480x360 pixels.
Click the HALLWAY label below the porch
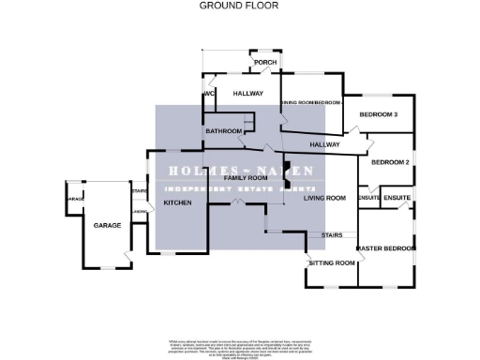[247, 94]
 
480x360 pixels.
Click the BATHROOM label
[225, 131]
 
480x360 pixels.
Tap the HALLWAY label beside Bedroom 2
[324, 144]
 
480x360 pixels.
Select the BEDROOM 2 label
[391, 163]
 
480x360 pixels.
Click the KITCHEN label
[178, 202]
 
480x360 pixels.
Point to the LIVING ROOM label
[325, 198]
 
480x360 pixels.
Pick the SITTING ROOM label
[332, 263]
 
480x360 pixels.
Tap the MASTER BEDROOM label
[386, 248]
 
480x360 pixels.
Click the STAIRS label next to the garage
[140, 190]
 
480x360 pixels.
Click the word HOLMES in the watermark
[195, 172]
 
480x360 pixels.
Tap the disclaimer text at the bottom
[240, 342]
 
